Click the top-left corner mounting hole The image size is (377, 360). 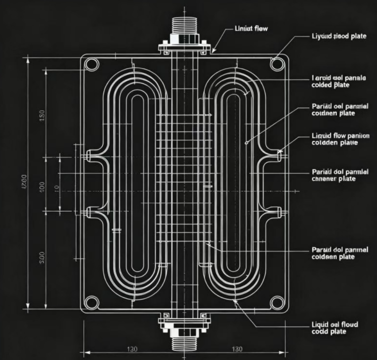point(91,64)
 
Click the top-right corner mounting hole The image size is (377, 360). point(276,63)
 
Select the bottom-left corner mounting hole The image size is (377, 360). point(91,302)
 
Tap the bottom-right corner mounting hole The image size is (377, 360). point(276,302)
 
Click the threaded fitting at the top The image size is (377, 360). point(184,25)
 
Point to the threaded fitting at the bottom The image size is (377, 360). point(184,343)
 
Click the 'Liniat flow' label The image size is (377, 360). point(251,28)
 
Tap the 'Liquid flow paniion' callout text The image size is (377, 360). point(340,139)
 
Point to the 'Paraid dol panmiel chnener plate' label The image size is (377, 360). point(340,175)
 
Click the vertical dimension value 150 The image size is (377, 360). point(41,115)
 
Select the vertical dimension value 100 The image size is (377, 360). point(41,187)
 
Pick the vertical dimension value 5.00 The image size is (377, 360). point(41,258)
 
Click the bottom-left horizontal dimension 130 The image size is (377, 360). point(132,349)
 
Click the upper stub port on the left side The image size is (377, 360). point(89,156)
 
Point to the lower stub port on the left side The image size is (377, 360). point(89,212)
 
